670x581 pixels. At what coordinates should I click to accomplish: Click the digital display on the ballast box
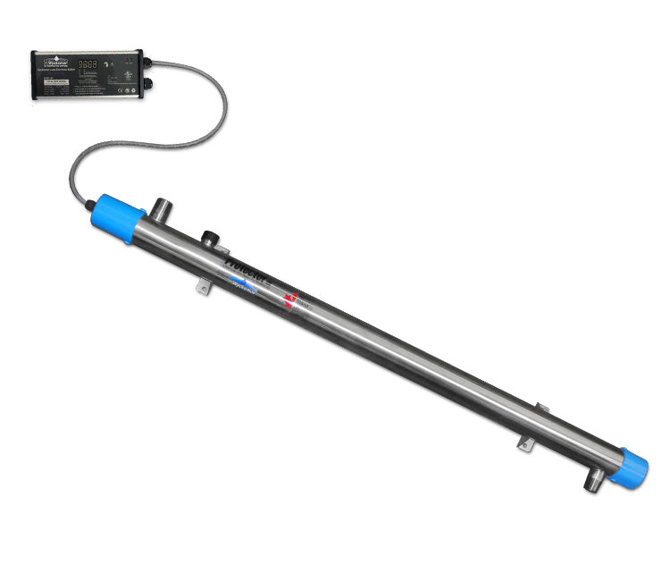pos(88,64)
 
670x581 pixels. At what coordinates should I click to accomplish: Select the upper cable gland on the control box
pos(147,63)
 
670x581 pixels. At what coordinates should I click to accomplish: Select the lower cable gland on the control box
pos(147,83)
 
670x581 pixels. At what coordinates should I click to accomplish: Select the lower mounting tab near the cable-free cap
pos(527,443)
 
